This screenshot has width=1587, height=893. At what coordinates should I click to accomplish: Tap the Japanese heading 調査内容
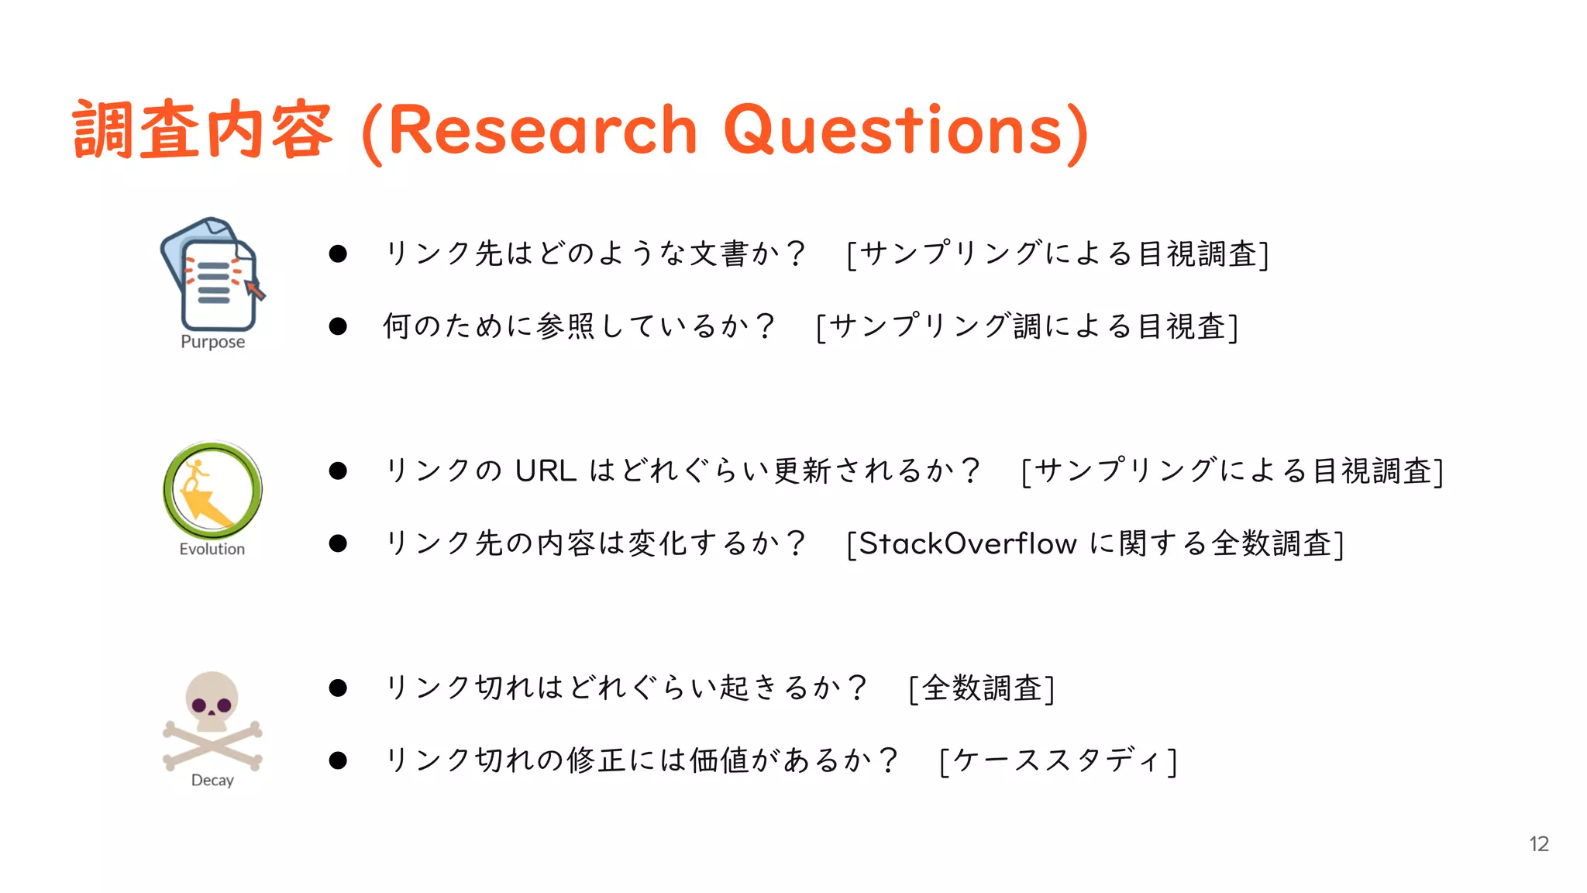pyautogui.click(x=203, y=130)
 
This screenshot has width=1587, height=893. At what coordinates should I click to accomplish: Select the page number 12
pyautogui.click(x=1539, y=844)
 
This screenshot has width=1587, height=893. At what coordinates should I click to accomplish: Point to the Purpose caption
pyautogui.click(x=212, y=342)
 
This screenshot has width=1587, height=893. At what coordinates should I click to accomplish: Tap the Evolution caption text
pyautogui.click(x=212, y=549)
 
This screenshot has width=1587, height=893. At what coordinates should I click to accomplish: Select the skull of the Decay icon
pyautogui.click(x=212, y=702)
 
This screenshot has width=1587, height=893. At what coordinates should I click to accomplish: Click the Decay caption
pyautogui.click(x=212, y=780)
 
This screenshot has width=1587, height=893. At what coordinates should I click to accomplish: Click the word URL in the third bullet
pyautogui.click(x=546, y=471)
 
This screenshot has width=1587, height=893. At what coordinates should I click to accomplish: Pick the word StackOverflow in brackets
pyautogui.click(x=968, y=543)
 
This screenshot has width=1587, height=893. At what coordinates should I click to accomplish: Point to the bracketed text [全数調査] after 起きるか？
pyautogui.click(x=982, y=688)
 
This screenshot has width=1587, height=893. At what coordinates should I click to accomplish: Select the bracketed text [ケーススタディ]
pyautogui.click(x=1058, y=760)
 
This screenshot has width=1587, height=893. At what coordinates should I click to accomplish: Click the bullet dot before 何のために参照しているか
pyautogui.click(x=338, y=326)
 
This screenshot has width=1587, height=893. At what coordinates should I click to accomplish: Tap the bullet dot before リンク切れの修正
pyautogui.click(x=338, y=760)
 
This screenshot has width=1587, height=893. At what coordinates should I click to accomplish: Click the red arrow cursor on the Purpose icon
pyautogui.click(x=255, y=290)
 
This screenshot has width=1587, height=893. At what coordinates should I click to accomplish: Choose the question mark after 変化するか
pyautogui.click(x=795, y=543)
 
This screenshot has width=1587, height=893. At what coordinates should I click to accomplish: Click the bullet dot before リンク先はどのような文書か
pyautogui.click(x=338, y=253)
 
